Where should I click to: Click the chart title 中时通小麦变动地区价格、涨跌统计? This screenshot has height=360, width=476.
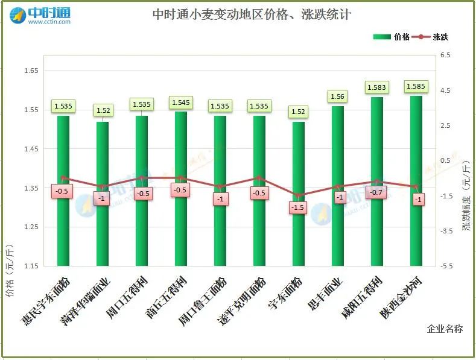[252, 14]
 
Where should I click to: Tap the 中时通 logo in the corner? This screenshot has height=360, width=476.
[41, 14]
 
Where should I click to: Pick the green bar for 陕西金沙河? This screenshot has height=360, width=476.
[416, 181]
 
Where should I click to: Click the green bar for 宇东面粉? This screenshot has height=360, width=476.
[299, 193]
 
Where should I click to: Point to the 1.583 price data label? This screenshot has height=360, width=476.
[376, 88]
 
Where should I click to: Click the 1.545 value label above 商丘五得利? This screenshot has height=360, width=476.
[180, 103]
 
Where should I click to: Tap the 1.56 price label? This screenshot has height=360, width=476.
[337, 96]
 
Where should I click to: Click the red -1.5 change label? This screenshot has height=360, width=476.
[299, 207]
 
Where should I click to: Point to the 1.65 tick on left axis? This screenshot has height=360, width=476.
[31, 71]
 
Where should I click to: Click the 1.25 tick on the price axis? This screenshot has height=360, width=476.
[31, 227]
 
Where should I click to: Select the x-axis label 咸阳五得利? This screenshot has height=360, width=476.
[363, 298]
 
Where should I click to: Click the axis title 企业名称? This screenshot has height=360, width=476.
[445, 329]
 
